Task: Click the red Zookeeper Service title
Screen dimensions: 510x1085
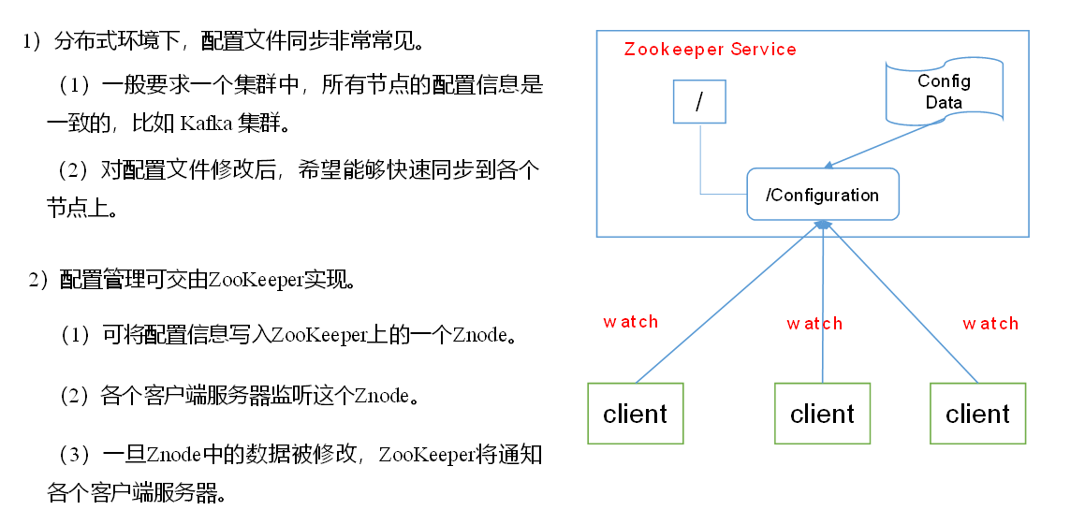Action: point(710,50)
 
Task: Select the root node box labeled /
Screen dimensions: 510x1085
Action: point(699,101)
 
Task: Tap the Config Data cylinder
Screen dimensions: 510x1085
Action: point(944,92)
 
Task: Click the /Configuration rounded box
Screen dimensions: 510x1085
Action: point(822,195)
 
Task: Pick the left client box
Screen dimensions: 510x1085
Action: point(636,413)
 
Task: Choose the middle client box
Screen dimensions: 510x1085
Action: point(822,413)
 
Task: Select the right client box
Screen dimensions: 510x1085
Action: point(977,413)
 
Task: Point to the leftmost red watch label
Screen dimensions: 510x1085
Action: point(630,322)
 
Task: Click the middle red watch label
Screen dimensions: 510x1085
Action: point(814,324)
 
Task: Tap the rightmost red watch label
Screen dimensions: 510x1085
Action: point(990,324)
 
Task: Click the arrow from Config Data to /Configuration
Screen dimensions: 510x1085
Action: point(885,146)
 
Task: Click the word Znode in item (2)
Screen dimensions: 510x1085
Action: point(381,396)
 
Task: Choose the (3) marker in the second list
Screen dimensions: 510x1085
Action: point(76,456)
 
